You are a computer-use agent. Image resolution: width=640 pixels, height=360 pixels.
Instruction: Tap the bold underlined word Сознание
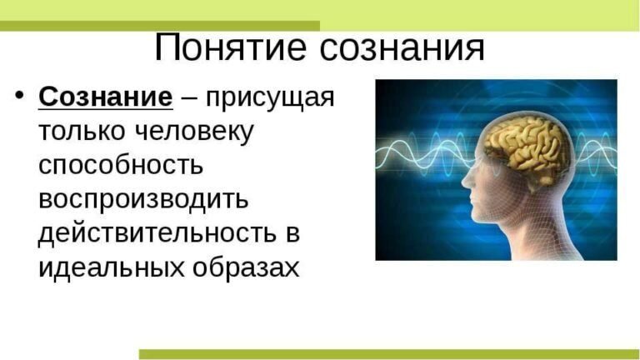coord(105,97)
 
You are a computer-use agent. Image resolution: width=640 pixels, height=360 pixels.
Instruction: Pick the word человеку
coord(193,132)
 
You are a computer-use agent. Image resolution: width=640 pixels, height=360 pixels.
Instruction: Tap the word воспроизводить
coord(144,200)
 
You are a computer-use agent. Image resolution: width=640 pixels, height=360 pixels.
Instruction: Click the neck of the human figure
coord(533,233)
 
